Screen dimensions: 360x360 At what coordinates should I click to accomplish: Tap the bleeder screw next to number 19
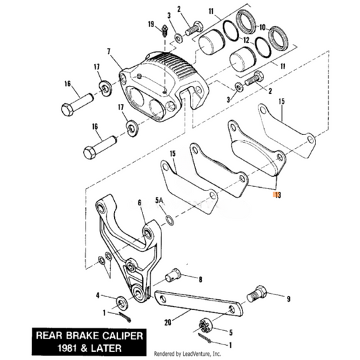[164, 29]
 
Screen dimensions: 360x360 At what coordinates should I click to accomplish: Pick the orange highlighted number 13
[275, 195]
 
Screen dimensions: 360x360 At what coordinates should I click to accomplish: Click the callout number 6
[139, 202]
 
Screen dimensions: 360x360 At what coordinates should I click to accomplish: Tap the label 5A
[159, 200]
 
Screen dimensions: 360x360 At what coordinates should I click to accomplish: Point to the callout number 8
[200, 278]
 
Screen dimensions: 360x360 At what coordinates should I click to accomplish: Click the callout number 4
[98, 295]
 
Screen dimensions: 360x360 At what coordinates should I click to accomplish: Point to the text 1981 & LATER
[82, 346]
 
